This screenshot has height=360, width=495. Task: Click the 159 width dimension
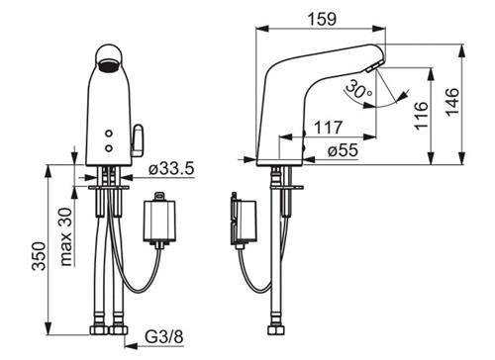[323, 19]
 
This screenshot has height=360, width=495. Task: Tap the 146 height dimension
[452, 102]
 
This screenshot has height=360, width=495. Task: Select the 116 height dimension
[422, 116]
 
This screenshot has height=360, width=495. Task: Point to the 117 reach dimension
[328, 128]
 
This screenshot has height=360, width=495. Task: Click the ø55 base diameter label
[343, 150]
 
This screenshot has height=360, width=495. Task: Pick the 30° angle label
[358, 89]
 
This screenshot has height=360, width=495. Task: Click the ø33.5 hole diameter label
[171, 169]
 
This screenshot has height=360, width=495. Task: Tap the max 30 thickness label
[66, 236]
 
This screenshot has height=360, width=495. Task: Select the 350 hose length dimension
[39, 256]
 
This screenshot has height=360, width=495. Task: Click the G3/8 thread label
[164, 337]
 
